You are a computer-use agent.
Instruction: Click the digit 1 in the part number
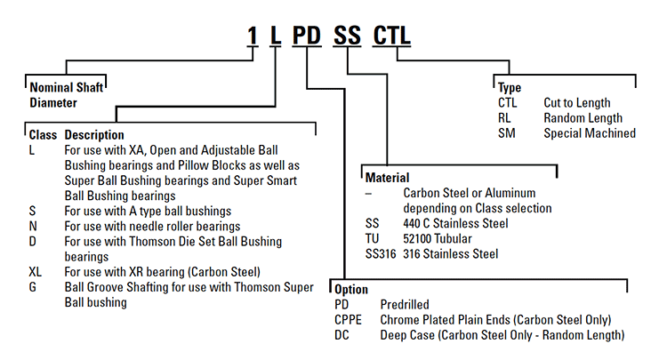click(253, 37)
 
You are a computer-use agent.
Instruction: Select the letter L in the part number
click(277, 37)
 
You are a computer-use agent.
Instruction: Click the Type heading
click(510, 88)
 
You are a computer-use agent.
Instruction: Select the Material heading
click(388, 178)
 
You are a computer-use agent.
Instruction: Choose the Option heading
click(351, 290)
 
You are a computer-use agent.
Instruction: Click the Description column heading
click(94, 135)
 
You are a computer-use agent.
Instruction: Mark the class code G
click(33, 287)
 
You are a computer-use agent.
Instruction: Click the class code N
click(33, 226)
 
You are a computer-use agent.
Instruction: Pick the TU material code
click(373, 239)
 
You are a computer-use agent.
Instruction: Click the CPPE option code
click(349, 319)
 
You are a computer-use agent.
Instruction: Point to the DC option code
click(343, 334)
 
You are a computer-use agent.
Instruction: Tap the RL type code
click(505, 118)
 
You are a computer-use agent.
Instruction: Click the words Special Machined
click(590, 133)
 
